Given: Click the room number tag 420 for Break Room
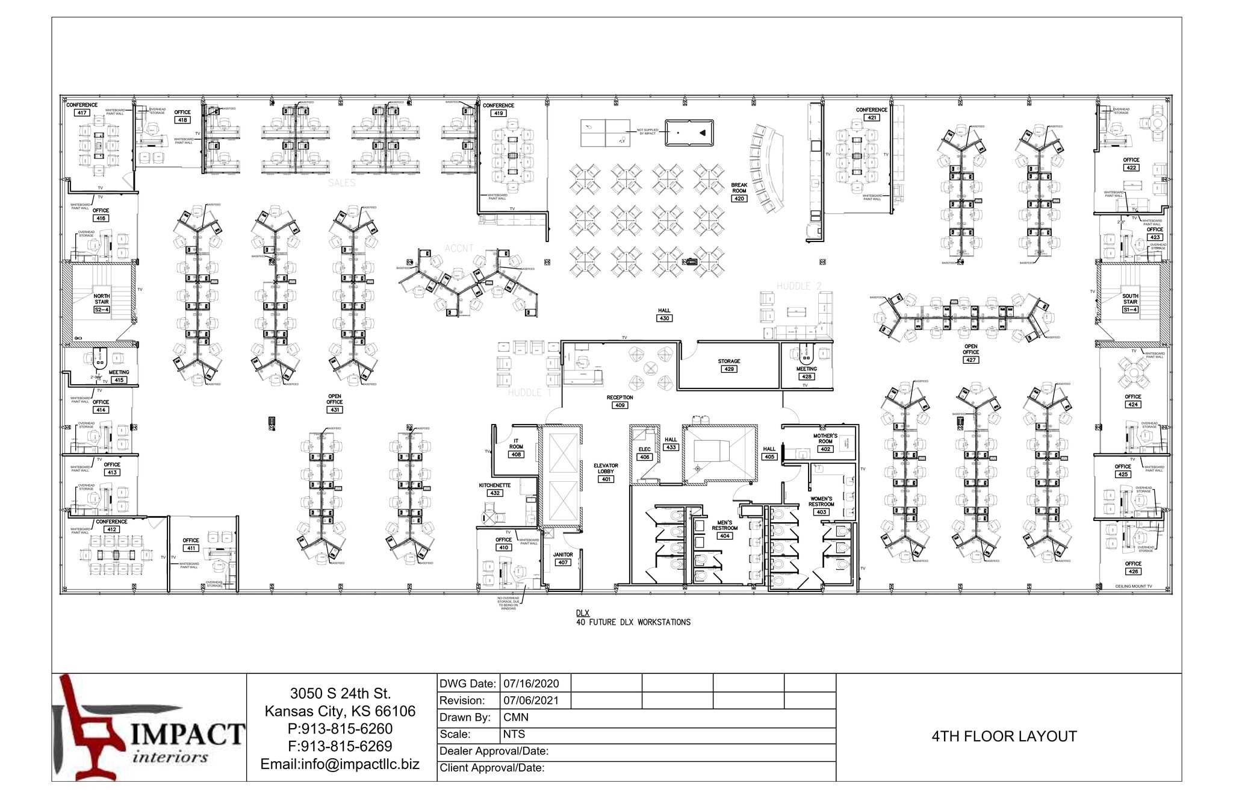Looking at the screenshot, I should [739, 198].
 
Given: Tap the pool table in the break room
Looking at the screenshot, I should [689, 132].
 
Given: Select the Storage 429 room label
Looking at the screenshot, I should [728, 365].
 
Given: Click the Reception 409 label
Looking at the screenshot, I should [620, 401].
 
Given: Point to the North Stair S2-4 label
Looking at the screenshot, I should [101, 303].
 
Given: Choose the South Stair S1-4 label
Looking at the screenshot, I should [1130, 303].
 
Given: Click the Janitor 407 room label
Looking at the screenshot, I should [563, 558].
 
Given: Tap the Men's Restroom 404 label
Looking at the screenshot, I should [724, 529].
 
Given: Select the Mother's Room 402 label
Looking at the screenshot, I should [825, 442].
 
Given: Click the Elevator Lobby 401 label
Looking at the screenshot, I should [606, 472].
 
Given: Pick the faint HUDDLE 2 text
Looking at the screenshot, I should [799, 286].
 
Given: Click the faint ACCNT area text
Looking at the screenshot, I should [459, 248].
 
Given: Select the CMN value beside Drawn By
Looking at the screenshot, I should [515, 717].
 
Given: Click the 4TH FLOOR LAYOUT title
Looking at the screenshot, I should [1004, 737].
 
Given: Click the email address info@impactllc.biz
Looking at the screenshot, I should [340, 764].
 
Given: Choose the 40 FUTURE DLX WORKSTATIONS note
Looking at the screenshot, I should [633, 622].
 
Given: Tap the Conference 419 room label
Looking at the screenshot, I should [498, 109].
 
